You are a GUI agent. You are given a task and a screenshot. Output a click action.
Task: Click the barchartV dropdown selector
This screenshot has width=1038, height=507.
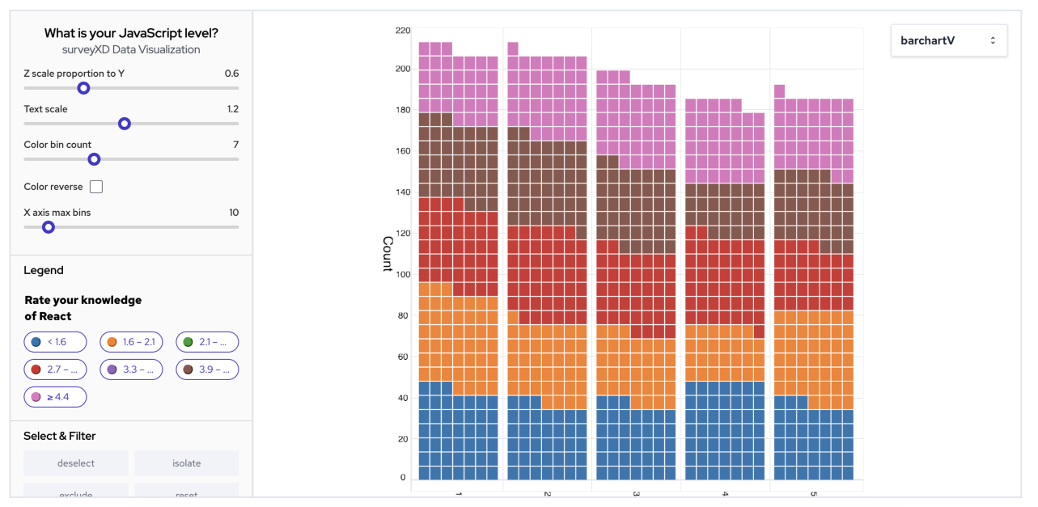pos(948,40)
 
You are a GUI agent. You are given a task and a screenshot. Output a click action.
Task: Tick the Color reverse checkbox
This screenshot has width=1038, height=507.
pos(96,187)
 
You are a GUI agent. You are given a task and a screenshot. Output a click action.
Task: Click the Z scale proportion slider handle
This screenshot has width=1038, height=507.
pos(83,88)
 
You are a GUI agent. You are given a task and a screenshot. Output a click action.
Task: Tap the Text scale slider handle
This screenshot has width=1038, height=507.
pos(125,124)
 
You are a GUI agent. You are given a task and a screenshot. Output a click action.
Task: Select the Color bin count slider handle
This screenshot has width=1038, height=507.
pos(94,159)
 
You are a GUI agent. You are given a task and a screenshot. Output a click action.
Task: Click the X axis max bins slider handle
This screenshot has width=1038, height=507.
pos(49,227)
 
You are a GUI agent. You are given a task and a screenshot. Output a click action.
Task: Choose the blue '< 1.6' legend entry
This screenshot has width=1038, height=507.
pos(55,342)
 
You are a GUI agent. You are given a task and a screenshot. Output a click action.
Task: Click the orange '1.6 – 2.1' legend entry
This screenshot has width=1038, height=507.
pos(131,342)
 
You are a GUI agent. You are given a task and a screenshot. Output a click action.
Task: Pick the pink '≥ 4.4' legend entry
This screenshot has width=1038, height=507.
pos(55,397)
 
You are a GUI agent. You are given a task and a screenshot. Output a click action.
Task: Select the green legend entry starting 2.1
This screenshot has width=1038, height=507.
pos(207,342)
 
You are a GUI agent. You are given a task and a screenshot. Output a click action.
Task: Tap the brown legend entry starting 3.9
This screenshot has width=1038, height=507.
pos(207,370)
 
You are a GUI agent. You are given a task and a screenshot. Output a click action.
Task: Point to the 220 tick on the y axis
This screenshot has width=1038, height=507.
pos(402,31)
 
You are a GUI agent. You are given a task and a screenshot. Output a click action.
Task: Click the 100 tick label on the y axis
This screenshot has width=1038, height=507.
pos(402,273)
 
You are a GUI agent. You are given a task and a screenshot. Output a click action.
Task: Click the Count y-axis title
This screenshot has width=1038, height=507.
pos(387,253)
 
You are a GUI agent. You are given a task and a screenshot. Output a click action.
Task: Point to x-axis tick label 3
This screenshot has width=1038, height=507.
pos(636,494)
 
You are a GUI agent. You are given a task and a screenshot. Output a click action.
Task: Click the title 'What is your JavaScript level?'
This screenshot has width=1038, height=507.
pos(131,33)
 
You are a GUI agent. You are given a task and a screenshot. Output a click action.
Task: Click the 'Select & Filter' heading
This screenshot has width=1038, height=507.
pos(60,436)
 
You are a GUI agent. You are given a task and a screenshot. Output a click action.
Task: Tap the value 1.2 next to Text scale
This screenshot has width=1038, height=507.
pos(231,109)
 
